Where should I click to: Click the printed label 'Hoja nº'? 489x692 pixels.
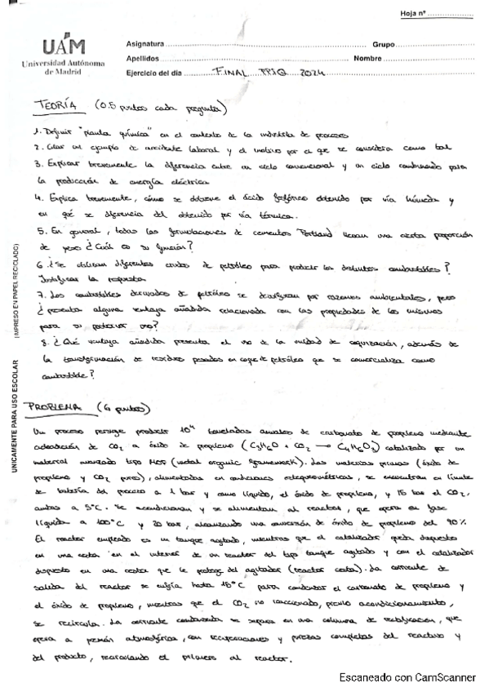click(414, 15)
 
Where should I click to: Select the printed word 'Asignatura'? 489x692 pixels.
click(144, 43)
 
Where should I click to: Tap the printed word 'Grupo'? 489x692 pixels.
click(384, 43)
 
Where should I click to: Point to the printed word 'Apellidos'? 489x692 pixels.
click(143, 59)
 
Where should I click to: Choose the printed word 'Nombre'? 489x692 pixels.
click(368, 59)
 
